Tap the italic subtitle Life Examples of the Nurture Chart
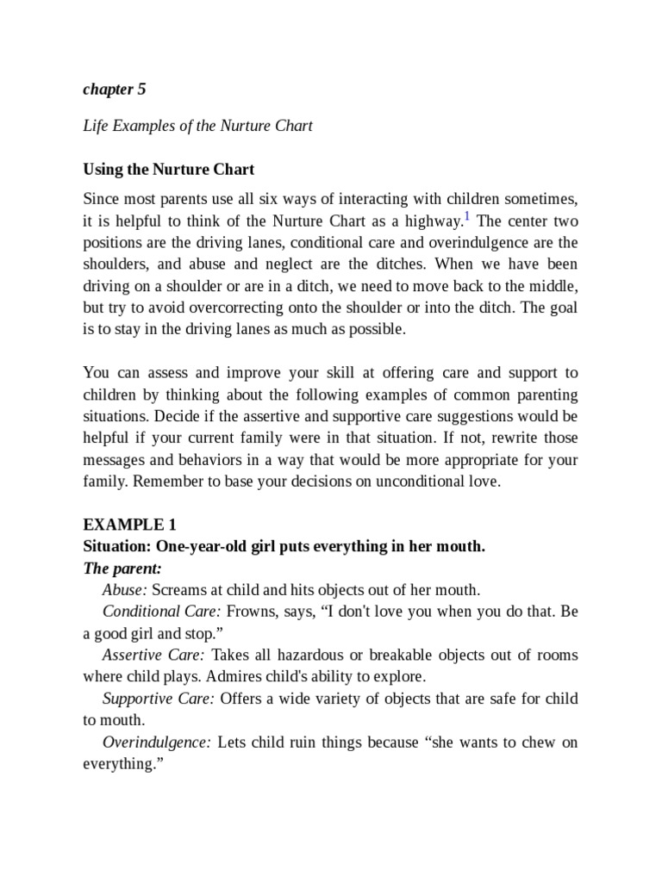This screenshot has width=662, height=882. pyautogui.click(x=197, y=126)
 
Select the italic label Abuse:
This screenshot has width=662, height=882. pyautogui.click(x=125, y=589)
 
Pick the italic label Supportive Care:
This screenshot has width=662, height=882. pyautogui.click(x=158, y=698)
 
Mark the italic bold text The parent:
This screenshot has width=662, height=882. pyautogui.click(x=122, y=568)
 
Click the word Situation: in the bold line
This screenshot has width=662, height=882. pyautogui.click(x=117, y=546)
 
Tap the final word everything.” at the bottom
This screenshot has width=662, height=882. pyautogui.click(x=117, y=764)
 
